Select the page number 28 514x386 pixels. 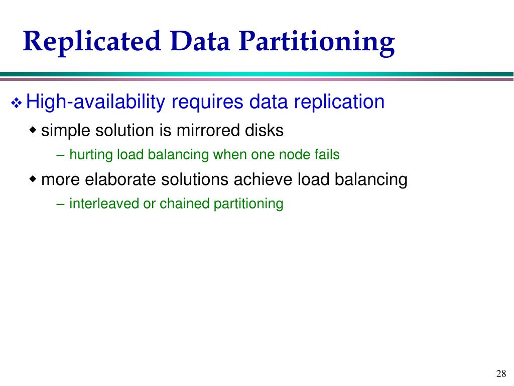(500, 373)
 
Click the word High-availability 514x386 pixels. (95, 103)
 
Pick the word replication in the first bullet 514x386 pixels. (339, 103)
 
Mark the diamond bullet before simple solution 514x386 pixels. (33, 131)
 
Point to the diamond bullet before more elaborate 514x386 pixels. (33, 179)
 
